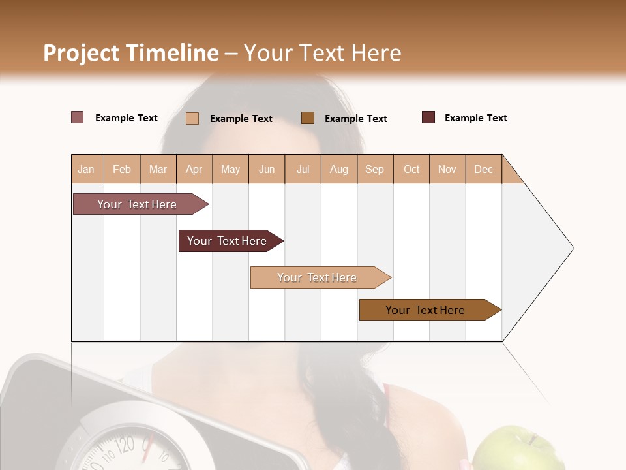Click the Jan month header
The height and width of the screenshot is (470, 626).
(x=86, y=169)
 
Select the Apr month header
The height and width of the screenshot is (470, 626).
(x=194, y=169)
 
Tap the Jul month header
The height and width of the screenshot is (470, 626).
(x=303, y=169)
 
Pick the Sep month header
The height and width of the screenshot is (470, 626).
(x=374, y=169)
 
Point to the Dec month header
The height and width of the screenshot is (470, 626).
(x=483, y=169)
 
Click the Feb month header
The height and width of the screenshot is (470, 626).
(x=122, y=169)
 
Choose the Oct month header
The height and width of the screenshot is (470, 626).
(x=411, y=169)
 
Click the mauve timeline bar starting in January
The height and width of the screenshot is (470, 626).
(x=137, y=204)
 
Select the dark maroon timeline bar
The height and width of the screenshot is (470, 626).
(x=227, y=241)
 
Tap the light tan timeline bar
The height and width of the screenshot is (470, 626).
(x=317, y=277)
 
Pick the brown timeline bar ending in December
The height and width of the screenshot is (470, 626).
(x=425, y=310)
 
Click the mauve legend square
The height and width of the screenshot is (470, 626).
(x=78, y=117)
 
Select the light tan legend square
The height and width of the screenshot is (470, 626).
(x=192, y=118)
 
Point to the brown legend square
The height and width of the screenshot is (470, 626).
(x=308, y=117)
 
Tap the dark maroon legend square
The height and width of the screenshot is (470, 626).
(x=428, y=117)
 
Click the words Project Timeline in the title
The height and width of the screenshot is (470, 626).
(x=131, y=53)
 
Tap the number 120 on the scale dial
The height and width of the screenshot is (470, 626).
(x=125, y=446)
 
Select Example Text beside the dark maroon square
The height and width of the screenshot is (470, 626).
(x=475, y=118)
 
